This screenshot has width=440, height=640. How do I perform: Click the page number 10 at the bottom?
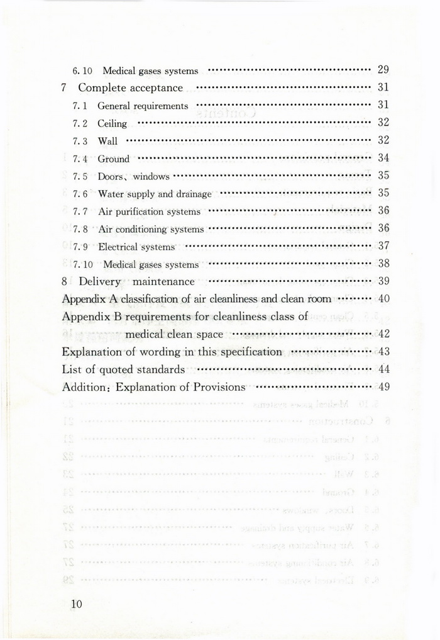(x=77, y=604)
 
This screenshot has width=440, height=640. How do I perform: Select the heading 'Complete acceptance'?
(x=130, y=88)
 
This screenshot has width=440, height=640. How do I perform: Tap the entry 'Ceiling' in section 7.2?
(x=112, y=123)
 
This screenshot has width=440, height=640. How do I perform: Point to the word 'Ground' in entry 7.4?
(x=113, y=159)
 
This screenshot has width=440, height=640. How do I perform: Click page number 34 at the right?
(x=383, y=158)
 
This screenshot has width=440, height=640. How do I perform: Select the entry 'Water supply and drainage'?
(x=155, y=194)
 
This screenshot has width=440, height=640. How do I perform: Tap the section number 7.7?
(x=80, y=211)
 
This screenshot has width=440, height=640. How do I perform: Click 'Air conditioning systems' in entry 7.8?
(x=151, y=229)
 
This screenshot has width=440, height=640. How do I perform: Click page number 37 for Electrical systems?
(x=383, y=245)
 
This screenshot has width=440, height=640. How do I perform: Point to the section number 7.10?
(x=82, y=264)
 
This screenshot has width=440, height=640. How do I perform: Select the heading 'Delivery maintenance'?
(x=136, y=281)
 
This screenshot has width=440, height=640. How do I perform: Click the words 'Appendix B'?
(x=87, y=317)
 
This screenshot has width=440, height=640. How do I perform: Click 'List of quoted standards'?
(x=123, y=369)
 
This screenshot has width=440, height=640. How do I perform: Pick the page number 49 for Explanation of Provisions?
(x=383, y=386)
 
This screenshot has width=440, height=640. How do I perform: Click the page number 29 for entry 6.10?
(x=383, y=70)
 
